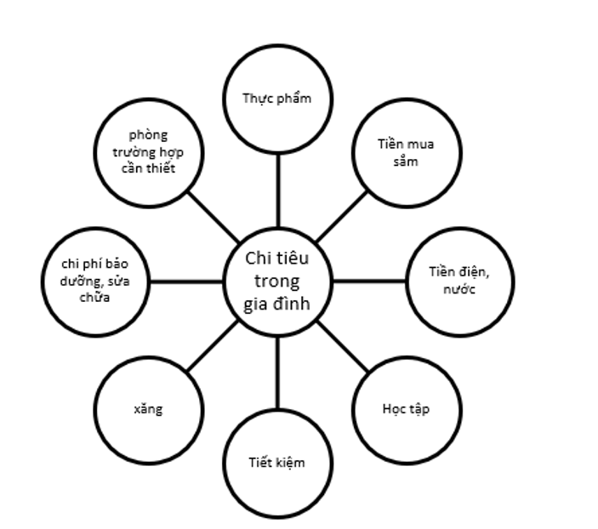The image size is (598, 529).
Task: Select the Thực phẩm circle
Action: [277, 98]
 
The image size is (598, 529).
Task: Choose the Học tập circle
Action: [406, 409]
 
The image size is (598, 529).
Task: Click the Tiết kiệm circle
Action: [277, 463]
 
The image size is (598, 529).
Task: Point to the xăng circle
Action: [148, 409]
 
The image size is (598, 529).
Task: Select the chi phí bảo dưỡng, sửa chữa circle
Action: [94, 280]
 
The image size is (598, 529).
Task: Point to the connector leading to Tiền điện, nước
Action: [369, 280]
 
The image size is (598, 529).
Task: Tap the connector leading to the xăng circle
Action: [213, 345]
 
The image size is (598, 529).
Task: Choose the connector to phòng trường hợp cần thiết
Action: [213, 216]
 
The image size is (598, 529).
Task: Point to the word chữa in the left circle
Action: [95, 299]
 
